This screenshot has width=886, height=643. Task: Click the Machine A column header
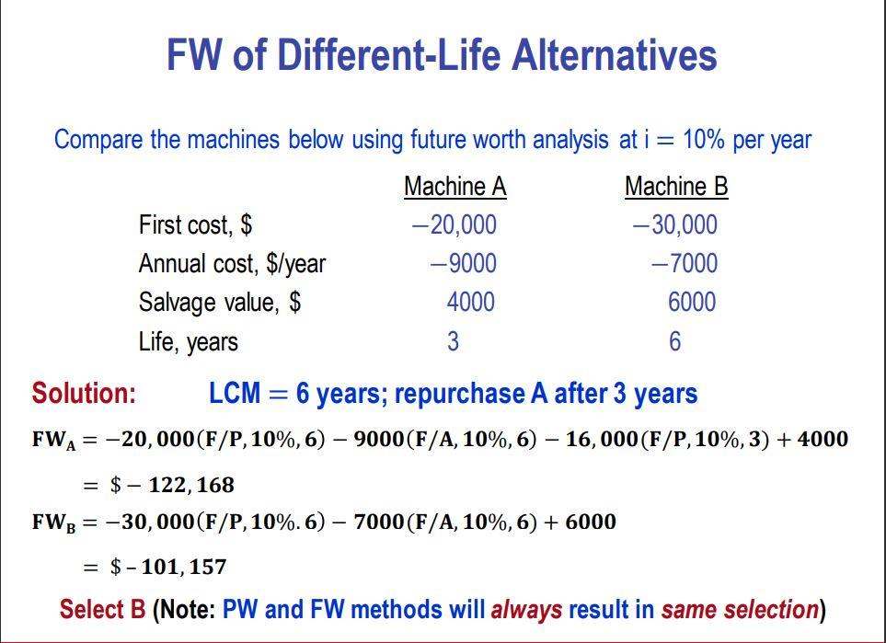tap(455, 187)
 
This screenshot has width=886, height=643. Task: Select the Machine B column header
tap(676, 187)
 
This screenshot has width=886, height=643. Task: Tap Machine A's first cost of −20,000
tap(454, 224)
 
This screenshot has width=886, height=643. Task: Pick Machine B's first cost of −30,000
tap(674, 224)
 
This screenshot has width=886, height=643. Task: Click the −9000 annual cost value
tap(463, 264)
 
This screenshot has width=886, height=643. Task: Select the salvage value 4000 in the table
tap(470, 303)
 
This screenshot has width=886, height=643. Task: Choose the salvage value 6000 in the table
tap(691, 303)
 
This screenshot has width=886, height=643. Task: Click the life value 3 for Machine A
tap(453, 342)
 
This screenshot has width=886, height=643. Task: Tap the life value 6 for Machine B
tap(674, 342)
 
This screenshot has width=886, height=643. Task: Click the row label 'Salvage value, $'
tap(219, 303)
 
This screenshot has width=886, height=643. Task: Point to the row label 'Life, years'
tap(188, 342)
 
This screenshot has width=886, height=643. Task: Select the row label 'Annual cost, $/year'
tap(232, 264)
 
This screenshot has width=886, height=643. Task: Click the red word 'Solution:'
tap(84, 394)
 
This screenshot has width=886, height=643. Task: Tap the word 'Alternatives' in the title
tap(614, 55)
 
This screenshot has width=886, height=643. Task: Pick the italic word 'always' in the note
tap(526, 610)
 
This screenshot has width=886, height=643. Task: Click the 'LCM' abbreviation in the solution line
tap(235, 394)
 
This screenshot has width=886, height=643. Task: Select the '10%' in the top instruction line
tap(704, 140)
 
